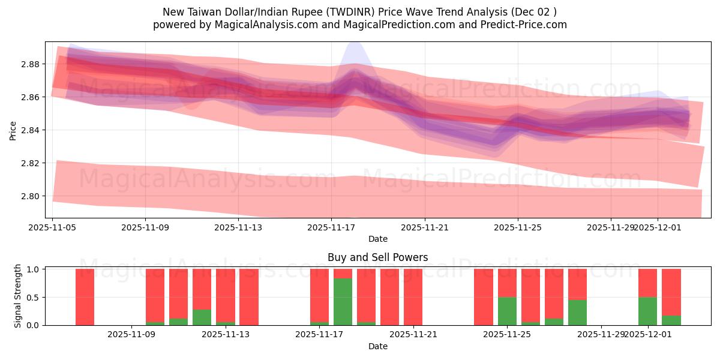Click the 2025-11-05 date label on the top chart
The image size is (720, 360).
coord(53,228)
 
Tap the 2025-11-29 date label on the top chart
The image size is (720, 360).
coord(611,228)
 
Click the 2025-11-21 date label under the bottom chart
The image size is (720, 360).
coord(413,335)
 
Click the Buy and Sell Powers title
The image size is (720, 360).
coord(377,257)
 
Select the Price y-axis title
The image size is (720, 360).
coord(13,130)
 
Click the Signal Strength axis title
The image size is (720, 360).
coord(18,296)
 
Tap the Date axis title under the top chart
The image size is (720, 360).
coord(377,239)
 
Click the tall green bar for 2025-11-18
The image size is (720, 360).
coord(343,302)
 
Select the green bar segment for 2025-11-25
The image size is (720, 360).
coord(507,311)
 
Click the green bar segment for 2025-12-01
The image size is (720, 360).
coord(647,311)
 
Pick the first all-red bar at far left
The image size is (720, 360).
coord(85,297)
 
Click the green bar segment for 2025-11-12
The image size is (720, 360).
coord(202,317)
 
